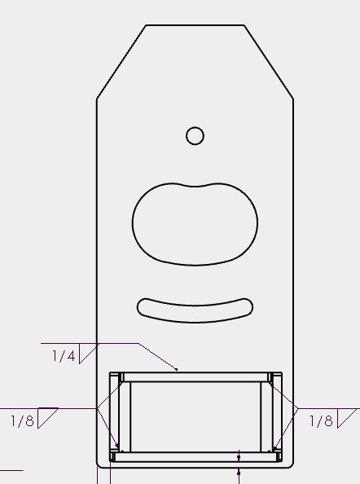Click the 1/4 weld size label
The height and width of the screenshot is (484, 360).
pos(64,356)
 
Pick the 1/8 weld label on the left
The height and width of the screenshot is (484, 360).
pos(22,420)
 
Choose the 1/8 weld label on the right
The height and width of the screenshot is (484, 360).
pos(321,420)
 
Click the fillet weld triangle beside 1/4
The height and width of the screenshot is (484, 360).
pos(89,354)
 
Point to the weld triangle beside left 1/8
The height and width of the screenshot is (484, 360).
pos(48,418)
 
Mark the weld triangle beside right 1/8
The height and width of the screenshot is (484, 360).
pos(347,418)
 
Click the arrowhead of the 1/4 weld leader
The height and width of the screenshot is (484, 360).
pos(176,369)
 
